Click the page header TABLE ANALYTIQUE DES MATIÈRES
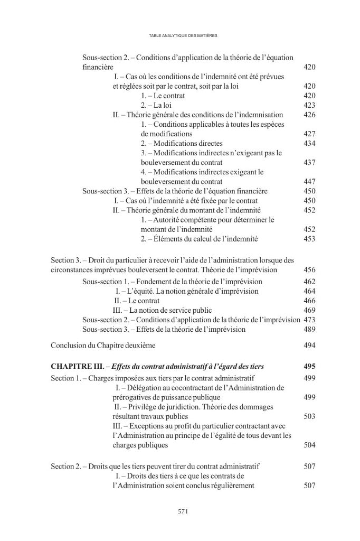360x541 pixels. (x=180, y=35)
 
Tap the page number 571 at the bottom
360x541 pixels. (x=180, y=511)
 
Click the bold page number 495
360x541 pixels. (x=309, y=366)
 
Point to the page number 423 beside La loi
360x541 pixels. (x=309, y=105)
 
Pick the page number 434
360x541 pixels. (x=309, y=143)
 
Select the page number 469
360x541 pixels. (x=309, y=310)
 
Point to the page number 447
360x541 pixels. (x=309, y=181)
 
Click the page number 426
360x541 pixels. (x=309, y=115)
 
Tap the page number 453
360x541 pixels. (x=309, y=239)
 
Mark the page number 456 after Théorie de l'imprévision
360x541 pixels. (x=309, y=269)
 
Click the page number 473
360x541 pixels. (x=309, y=320)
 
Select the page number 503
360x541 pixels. (x=309, y=416)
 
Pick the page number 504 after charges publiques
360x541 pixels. (x=309, y=445)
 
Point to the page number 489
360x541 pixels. (x=309, y=329)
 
